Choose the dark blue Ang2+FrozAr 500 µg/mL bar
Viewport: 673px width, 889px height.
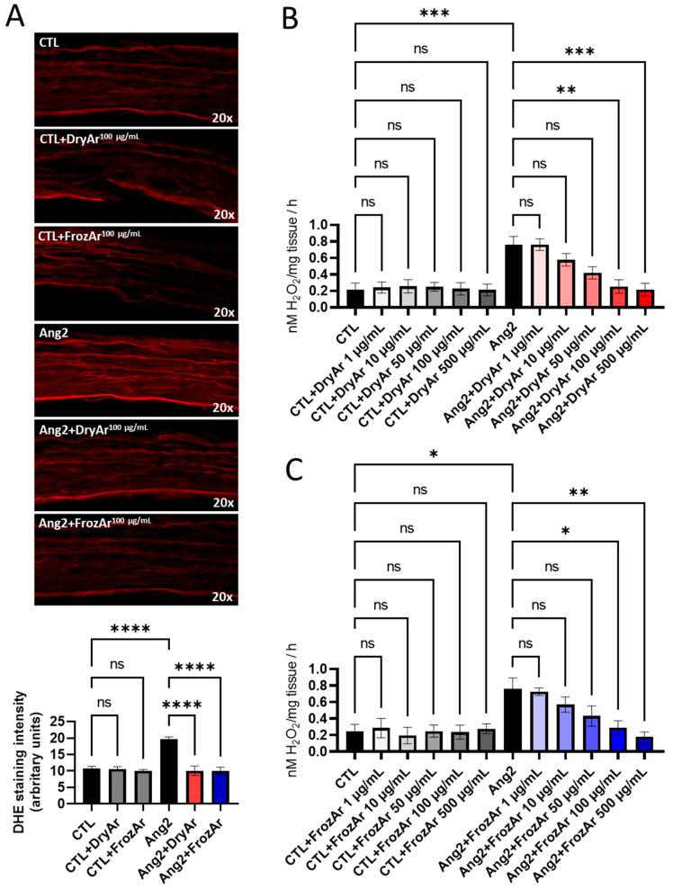click(x=643, y=744)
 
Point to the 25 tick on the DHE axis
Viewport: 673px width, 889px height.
click(x=67, y=723)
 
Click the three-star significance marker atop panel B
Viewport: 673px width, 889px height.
click(x=435, y=13)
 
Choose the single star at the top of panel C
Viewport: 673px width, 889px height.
click(x=435, y=454)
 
